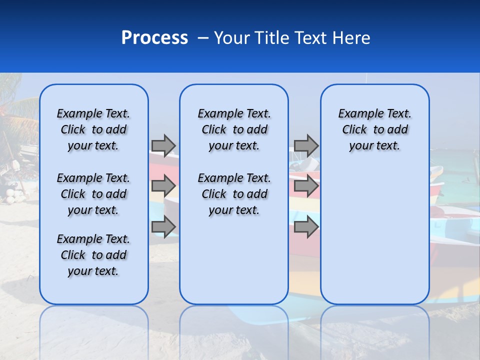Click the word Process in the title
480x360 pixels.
tap(154, 38)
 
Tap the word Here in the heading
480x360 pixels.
tap(351, 38)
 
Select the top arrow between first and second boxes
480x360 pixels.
tap(163, 145)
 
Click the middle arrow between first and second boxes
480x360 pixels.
tap(163, 186)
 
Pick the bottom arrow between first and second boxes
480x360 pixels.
tap(163, 226)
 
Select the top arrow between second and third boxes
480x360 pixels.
tap(306, 145)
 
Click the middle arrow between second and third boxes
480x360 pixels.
tap(306, 186)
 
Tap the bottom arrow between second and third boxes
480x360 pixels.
tap(306, 226)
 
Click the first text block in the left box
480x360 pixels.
tap(93, 129)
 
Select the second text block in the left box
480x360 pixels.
tap(93, 194)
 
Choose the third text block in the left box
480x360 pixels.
tap(93, 255)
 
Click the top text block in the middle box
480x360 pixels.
tap(234, 129)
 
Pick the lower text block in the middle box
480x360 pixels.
tap(234, 194)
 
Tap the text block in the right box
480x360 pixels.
tap(374, 129)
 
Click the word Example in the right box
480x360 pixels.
tap(357, 114)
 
